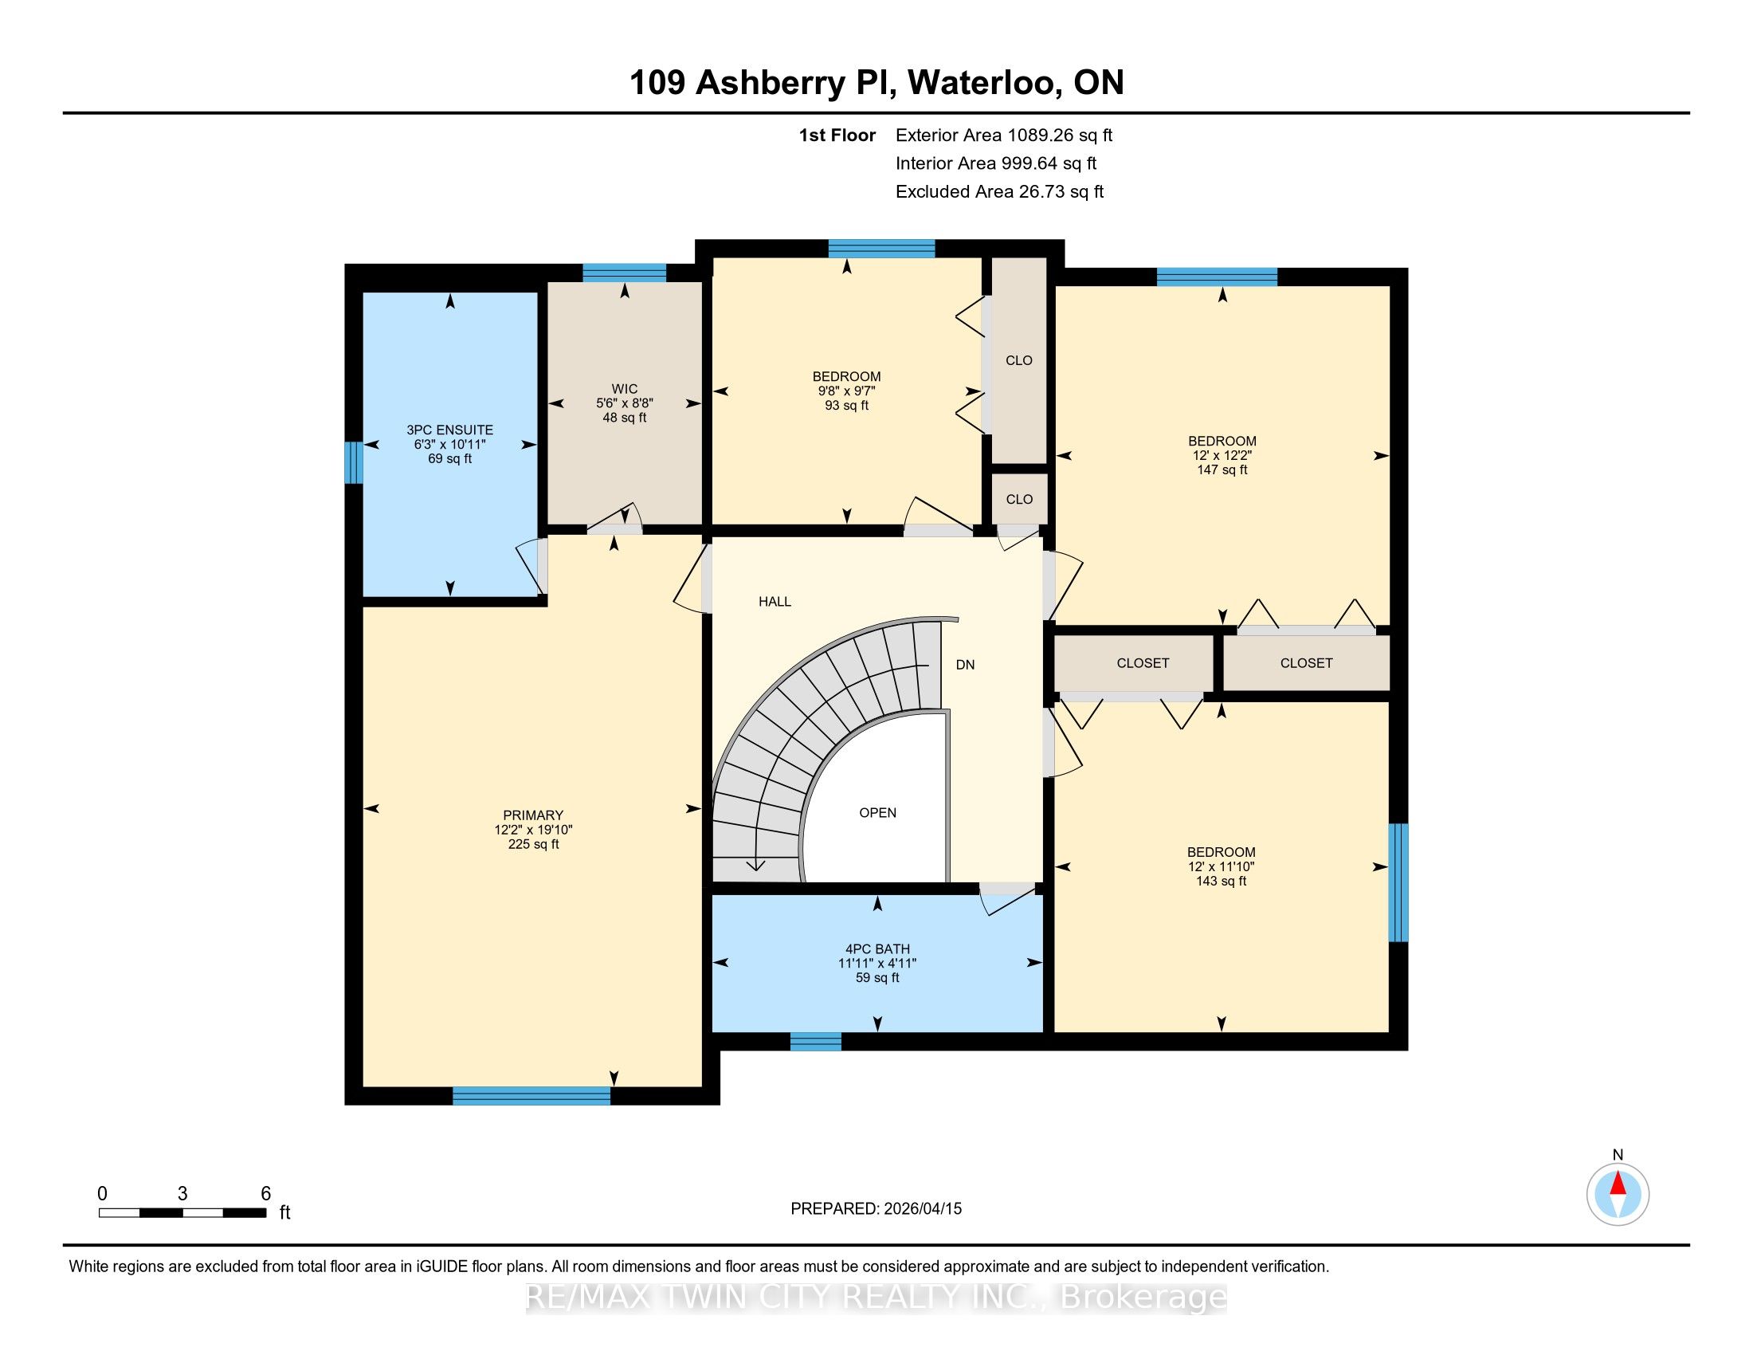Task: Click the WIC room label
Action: tap(625, 389)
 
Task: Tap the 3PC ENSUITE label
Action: tap(449, 430)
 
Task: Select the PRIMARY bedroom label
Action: tap(533, 815)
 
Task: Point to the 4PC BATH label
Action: tap(877, 949)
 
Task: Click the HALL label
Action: tap(775, 601)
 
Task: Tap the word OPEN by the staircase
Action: tap(877, 812)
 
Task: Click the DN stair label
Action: tap(965, 665)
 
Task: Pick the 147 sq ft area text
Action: tap(1222, 469)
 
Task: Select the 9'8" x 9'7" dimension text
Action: tap(846, 391)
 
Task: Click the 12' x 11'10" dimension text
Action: tap(1221, 866)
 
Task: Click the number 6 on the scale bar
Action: tap(265, 1194)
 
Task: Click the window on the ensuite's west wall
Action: tap(353, 463)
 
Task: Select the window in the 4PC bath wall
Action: tap(815, 1041)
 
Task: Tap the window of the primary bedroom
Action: tap(531, 1096)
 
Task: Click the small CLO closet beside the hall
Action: tap(1019, 499)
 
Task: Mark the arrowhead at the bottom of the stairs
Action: tap(756, 866)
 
